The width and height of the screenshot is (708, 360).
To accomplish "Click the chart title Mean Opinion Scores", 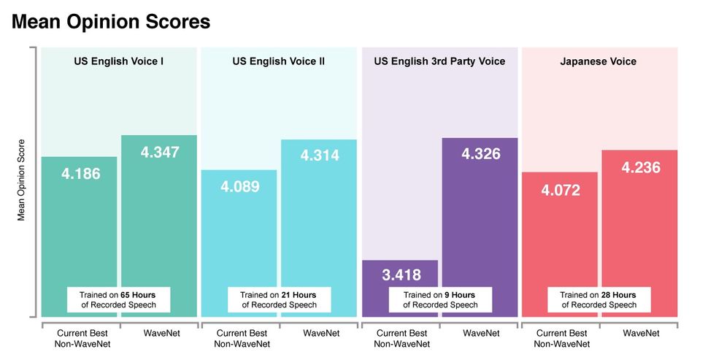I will (x=111, y=22).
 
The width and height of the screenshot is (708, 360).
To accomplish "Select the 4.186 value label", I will (x=81, y=174).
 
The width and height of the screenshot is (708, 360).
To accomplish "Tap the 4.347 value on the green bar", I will (x=159, y=153).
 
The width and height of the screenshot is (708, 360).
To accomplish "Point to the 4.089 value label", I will (x=239, y=187).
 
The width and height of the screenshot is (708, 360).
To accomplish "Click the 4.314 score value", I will (x=320, y=156).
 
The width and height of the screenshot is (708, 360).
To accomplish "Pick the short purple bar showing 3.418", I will (x=400, y=277).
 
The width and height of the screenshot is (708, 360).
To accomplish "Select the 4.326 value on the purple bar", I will (x=480, y=155).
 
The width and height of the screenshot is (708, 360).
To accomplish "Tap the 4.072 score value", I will (x=561, y=191).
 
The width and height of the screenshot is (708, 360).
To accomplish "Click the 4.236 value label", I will (x=640, y=167).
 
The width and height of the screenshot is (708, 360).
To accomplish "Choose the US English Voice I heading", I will (x=118, y=61).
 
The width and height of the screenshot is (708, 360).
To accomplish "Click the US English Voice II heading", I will (x=279, y=61).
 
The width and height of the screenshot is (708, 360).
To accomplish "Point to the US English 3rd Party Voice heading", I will (x=439, y=61).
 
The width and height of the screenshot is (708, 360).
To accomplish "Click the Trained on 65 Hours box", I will (x=119, y=299).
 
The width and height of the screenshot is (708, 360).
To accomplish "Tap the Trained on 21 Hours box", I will (x=279, y=299).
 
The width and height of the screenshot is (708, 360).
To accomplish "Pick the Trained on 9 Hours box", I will (x=440, y=299).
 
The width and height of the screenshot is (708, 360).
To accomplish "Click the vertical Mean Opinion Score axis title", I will (x=21, y=180).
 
